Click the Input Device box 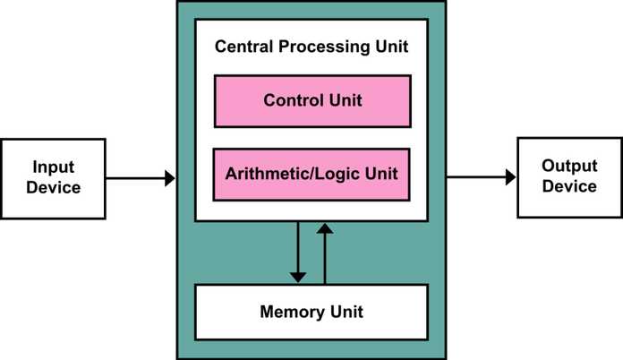pyautogui.click(x=53, y=178)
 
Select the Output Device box pyautogui.click(x=570, y=177)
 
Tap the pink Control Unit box pyautogui.click(x=312, y=101)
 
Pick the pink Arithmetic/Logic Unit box pyautogui.click(x=311, y=175)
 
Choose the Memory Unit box pyautogui.click(x=311, y=312)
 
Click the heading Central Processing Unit pyautogui.click(x=311, y=47)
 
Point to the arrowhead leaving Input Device pyautogui.click(x=170, y=178)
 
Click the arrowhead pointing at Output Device pyautogui.click(x=510, y=177)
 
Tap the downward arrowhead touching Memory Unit pyautogui.click(x=298, y=278)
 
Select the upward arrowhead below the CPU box pyautogui.click(x=325, y=228)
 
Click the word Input pyautogui.click(x=53, y=167)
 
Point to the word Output pyautogui.click(x=569, y=166)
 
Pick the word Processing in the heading pyautogui.click(x=325, y=47)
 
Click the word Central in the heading pyautogui.click(x=244, y=47)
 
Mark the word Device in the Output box pyautogui.click(x=569, y=186)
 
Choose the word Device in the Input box pyautogui.click(x=53, y=187)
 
